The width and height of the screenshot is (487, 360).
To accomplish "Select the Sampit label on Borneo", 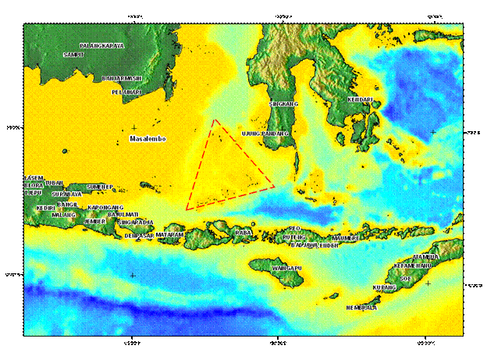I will pos(73,55).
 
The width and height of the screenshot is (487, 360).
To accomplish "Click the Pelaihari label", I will pos(126,91).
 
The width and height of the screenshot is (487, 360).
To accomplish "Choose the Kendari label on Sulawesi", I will pos(361,99).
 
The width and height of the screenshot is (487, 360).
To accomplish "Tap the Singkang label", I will pos(284,103).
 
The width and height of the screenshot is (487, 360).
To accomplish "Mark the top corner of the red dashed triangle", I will pos(214,120).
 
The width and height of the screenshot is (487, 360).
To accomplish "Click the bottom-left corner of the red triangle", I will pos(187,209).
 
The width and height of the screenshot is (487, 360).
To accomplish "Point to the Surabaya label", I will pos(66,194).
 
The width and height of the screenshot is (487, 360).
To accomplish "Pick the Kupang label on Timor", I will pos(385,287).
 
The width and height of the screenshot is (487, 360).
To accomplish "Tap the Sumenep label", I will pos(101,187).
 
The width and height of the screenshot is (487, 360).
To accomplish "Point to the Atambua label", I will pos(425,256).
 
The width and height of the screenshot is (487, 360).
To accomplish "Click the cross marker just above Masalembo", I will pos(134,127).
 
